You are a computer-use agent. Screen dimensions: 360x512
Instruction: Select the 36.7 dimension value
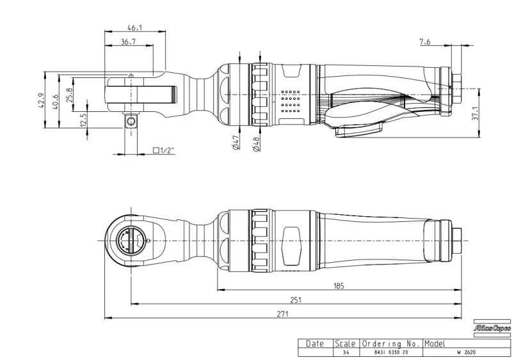coord(128,42)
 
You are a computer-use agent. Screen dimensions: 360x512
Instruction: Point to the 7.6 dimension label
coord(424,42)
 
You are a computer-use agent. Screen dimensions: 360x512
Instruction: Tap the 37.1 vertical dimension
coord(475,114)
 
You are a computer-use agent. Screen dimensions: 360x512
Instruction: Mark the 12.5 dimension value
coord(84,120)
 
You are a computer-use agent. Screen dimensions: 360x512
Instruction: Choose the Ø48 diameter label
coord(256,143)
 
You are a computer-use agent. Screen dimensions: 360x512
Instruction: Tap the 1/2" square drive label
coord(164,150)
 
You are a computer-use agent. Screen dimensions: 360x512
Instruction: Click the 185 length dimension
coord(338,286)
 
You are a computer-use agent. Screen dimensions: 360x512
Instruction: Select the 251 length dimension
coord(296,300)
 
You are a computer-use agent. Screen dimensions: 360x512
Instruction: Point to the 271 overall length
coord(282,314)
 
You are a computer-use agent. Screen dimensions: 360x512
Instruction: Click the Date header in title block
coord(315,343)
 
